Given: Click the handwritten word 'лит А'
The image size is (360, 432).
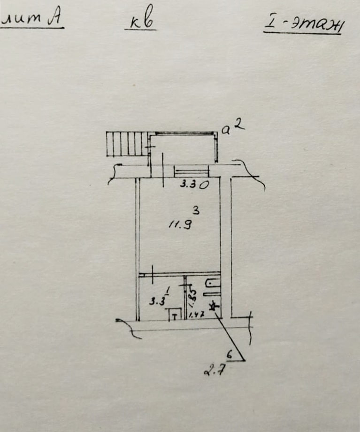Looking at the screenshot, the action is [31, 20].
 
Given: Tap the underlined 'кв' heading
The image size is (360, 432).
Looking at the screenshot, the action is [140, 23].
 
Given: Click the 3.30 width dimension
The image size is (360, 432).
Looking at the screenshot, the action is [194, 185].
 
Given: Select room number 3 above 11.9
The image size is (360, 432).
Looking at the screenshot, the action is [196, 209].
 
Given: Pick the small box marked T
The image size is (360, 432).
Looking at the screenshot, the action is [175, 315].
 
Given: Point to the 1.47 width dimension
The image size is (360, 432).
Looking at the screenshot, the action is [198, 316].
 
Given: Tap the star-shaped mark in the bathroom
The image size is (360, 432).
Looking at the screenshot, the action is [214, 307].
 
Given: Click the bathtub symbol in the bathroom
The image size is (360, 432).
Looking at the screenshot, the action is [212, 283].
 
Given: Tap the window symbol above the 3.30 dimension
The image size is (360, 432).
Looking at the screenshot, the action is [190, 170].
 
